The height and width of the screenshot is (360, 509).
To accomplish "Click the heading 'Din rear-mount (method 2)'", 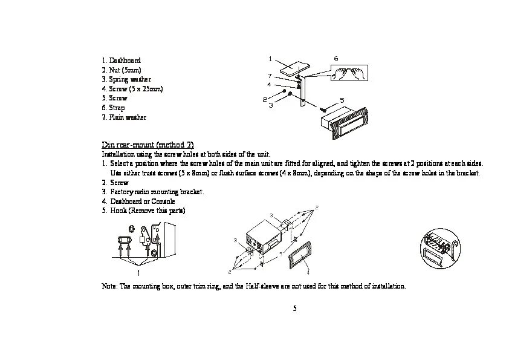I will click(148, 145).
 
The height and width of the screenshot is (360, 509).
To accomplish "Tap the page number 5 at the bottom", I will click(294, 309).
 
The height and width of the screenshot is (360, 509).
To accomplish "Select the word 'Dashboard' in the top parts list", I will click(125, 61).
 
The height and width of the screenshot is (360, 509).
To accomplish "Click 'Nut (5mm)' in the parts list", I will click(125, 70).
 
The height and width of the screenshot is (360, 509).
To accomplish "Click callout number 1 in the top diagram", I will click(270, 59).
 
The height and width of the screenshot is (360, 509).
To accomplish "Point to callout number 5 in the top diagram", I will click(342, 100).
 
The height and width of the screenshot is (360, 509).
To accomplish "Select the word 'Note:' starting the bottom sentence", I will click(109, 286).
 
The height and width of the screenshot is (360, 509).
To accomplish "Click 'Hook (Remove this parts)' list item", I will click(148, 211).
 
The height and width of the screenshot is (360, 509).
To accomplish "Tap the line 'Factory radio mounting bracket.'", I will click(157, 192).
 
